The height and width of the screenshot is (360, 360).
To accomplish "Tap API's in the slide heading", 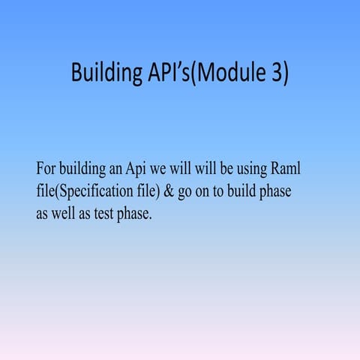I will [x=164, y=73].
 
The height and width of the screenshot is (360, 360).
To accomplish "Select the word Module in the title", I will [x=231, y=73].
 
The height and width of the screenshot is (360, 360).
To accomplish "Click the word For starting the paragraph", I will [x=46, y=167].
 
